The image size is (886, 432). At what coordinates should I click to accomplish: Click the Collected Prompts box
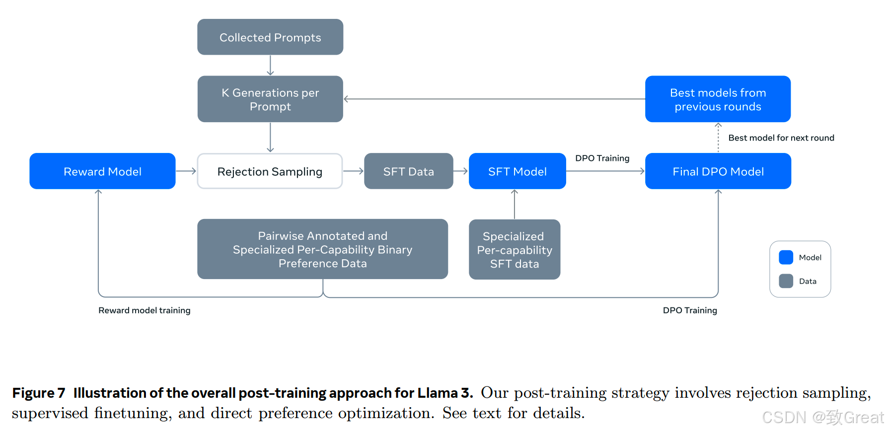(x=270, y=37)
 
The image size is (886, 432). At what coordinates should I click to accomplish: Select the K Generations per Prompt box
(x=270, y=99)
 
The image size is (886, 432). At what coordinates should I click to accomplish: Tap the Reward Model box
(x=102, y=171)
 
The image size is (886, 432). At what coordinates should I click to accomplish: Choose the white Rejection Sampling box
(x=270, y=171)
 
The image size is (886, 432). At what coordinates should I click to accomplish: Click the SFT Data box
(x=409, y=171)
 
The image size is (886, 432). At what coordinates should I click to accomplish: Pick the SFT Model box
(x=517, y=171)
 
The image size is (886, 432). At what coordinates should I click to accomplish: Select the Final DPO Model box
(x=718, y=171)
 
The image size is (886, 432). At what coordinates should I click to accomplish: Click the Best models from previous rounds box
(x=718, y=99)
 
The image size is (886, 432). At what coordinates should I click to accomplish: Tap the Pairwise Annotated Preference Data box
(x=322, y=249)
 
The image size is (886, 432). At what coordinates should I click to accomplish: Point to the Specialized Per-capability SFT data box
(x=515, y=249)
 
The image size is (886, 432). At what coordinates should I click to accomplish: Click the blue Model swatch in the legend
(x=786, y=257)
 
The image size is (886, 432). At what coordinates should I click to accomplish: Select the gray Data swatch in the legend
(x=786, y=281)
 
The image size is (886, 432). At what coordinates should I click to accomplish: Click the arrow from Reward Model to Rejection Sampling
(x=186, y=171)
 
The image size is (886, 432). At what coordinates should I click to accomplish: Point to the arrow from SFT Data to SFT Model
(x=461, y=171)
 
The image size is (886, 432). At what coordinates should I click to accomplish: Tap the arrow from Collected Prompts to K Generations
(x=270, y=65)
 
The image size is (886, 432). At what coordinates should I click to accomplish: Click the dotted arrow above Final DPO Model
(x=718, y=138)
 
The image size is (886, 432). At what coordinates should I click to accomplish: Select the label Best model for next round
(x=781, y=138)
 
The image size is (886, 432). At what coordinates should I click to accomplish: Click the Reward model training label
(x=145, y=310)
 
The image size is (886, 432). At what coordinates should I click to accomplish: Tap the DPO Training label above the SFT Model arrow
(x=602, y=158)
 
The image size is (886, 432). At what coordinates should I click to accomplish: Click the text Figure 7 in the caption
(x=39, y=393)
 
